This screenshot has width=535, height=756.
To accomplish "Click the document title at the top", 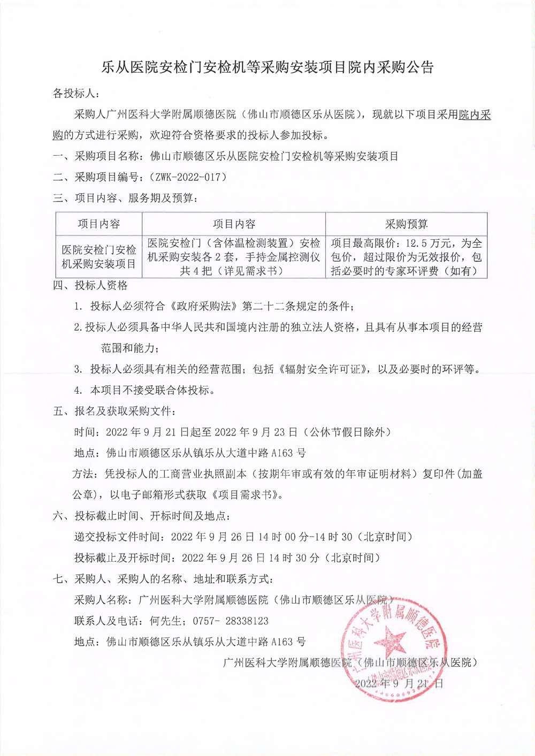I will (267, 67).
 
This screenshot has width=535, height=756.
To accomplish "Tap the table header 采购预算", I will (406, 224).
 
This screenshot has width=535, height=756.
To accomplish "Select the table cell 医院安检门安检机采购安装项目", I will (99, 257).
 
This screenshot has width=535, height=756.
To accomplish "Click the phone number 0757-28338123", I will (235, 621).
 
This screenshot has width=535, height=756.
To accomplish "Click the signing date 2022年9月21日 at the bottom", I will (399, 683).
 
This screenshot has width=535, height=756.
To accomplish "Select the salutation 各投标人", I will (75, 93).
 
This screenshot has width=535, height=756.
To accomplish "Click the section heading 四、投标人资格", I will (90, 286).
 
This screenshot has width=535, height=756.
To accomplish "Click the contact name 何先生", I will (166, 621).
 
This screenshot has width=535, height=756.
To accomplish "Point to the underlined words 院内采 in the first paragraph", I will (475, 114).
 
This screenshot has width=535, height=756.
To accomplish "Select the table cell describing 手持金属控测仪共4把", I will (234, 257).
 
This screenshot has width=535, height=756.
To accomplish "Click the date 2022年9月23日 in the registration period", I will (256, 432).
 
